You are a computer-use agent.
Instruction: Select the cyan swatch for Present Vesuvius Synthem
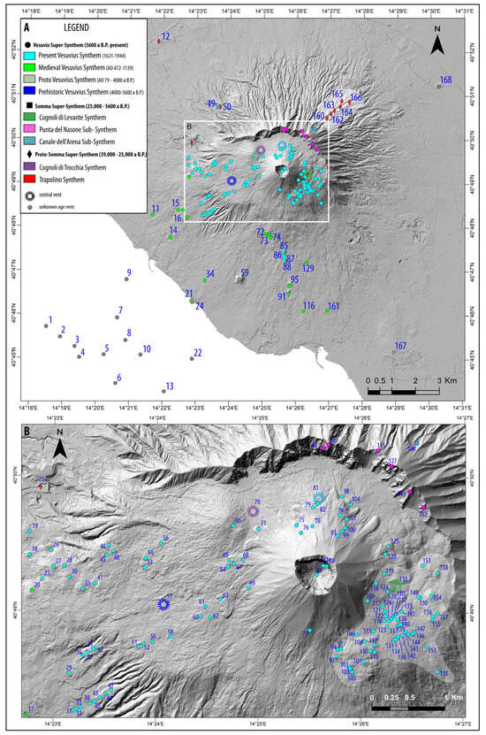pos(34,55)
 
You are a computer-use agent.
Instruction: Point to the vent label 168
pos(445,80)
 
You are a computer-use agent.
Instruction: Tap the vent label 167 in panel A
pos(400,346)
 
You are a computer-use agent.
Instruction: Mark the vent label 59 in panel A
pos(245,272)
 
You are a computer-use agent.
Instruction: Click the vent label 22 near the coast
pos(198,353)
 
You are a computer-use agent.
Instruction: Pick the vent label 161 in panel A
pos(333,307)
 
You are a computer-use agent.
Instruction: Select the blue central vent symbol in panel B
pos(163,603)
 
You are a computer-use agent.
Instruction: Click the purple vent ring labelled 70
pos(254,511)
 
